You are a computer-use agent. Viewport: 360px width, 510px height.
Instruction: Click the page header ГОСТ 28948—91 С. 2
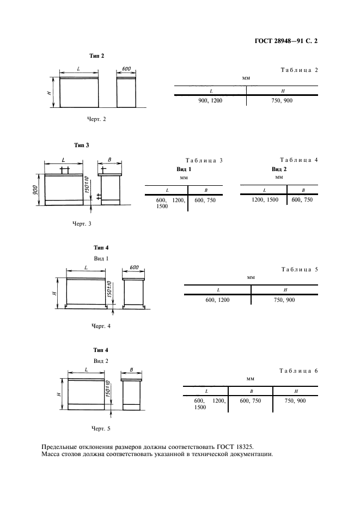286,41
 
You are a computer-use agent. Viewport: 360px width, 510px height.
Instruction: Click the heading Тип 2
96,56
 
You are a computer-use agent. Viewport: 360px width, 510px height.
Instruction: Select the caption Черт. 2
96,119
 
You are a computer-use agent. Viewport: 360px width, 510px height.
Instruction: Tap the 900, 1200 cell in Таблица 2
210,100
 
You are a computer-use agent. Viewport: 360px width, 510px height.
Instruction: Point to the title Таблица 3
204,160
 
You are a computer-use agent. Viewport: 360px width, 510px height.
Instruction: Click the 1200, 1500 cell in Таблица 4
265,199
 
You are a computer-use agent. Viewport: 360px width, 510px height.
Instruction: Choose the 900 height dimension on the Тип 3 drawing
35,190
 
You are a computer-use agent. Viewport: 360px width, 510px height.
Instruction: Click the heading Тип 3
81,145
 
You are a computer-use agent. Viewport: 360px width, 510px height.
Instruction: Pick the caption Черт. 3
82,224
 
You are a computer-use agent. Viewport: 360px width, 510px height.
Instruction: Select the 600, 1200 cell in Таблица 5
217,300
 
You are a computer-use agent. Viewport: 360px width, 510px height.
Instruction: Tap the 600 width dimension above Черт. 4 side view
134,268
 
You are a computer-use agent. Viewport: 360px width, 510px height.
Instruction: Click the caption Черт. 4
101,326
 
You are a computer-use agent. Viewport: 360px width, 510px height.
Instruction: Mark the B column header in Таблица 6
251,392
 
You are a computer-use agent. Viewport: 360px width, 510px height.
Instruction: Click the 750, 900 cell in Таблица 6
295,400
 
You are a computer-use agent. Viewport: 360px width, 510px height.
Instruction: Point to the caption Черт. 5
101,429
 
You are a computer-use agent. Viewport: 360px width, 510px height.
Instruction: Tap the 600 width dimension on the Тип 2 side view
126,69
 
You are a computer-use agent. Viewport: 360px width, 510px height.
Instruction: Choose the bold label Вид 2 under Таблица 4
279,169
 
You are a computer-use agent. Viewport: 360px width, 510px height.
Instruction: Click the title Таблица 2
299,70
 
